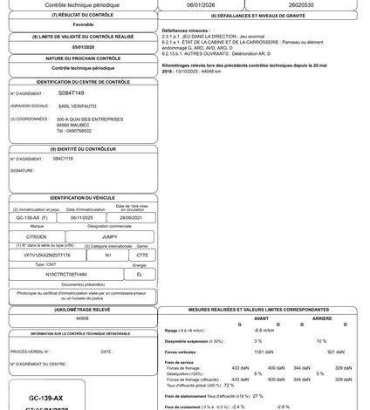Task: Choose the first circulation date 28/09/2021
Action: pos(129,220)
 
